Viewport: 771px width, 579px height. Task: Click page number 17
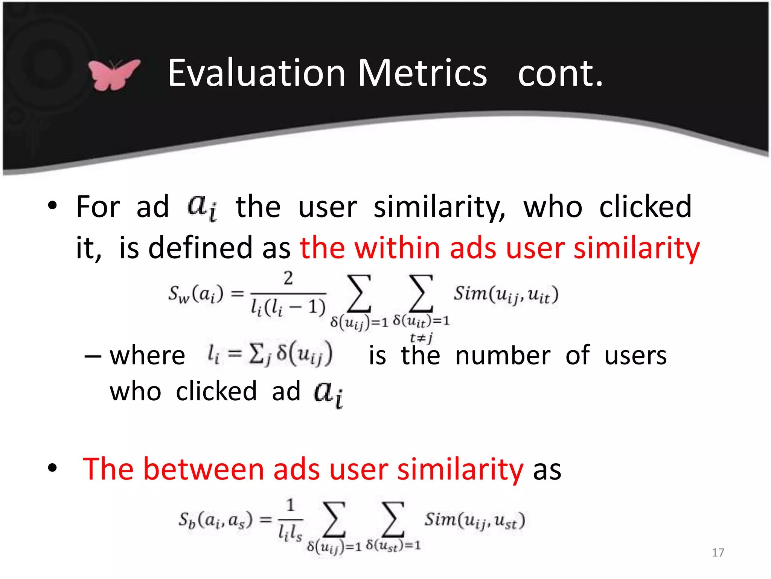(x=718, y=553)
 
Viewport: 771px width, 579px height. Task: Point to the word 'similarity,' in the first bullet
(x=439, y=207)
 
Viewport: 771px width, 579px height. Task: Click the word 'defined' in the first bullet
(x=200, y=248)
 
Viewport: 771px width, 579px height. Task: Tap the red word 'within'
(x=397, y=248)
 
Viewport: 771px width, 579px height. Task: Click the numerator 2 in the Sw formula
(x=288, y=278)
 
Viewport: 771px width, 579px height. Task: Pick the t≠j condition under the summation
(x=421, y=337)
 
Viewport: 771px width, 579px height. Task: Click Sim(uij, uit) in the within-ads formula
(x=506, y=294)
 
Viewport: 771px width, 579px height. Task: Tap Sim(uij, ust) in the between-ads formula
(x=475, y=521)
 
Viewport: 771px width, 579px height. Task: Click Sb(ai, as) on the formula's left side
(x=215, y=521)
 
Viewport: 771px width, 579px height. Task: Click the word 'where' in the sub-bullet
(x=147, y=356)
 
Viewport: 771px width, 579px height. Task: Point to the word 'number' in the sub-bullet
(x=503, y=356)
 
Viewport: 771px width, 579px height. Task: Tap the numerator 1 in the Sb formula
(x=290, y=505)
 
